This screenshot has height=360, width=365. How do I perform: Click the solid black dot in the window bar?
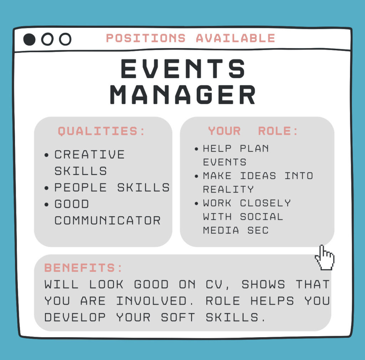29,39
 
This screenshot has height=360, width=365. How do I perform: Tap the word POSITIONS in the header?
146,38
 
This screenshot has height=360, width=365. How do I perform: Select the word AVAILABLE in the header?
236,38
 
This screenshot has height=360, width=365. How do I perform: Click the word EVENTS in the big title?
183,69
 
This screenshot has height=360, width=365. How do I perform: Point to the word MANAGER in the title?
183,94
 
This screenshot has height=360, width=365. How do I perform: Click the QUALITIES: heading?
101,131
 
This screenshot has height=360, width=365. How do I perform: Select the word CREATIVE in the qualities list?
89,154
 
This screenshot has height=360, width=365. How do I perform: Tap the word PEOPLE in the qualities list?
81,188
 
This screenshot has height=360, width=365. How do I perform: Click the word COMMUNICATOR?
108,220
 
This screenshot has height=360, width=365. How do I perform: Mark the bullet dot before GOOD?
47,204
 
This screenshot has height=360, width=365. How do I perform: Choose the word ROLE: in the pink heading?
278,131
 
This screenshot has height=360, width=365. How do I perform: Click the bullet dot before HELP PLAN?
196,149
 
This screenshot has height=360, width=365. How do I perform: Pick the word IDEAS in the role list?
258,176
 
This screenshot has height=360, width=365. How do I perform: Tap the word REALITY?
228,189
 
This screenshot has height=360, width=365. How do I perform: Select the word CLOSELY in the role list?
265,203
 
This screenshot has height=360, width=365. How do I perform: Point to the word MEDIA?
221,230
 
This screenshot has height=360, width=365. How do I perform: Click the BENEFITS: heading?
83,268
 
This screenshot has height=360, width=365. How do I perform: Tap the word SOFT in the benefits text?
178,317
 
